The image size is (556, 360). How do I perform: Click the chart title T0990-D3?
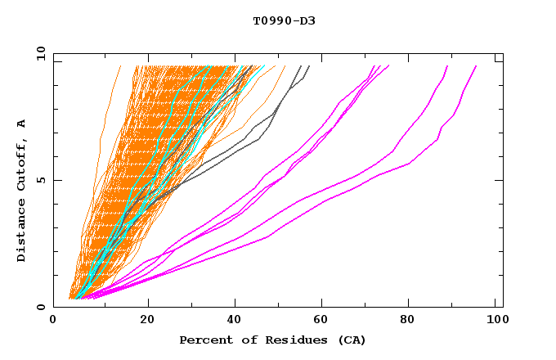coord(284,21)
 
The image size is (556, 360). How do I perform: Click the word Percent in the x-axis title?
coord(203,340)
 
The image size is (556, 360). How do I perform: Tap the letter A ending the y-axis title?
coord(22,123)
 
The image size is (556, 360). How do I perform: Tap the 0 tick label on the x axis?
coord(54,321)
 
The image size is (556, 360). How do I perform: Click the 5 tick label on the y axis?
coord(41,181)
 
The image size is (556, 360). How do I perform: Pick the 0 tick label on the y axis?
coord(41,308)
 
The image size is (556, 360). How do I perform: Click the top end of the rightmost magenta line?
coord(476,66)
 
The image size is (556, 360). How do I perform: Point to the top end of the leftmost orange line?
coord(120,66)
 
